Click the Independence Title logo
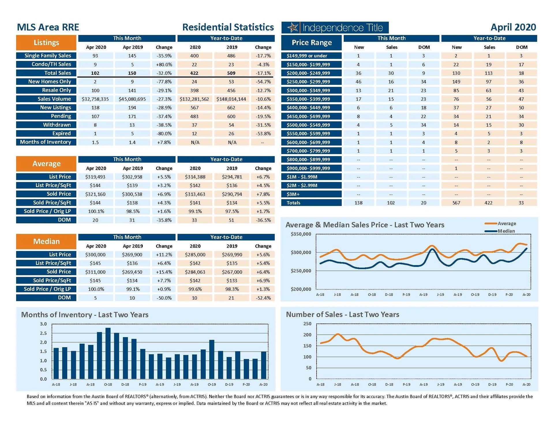point(335,28)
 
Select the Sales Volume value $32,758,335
point(95,99)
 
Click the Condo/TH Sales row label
point(46,64)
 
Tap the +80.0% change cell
point(164,65)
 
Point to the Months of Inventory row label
point(46,142)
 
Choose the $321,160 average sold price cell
point(95,194)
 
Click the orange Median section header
point(46,241)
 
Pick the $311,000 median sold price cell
point(95,272)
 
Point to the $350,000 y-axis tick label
point(301,234)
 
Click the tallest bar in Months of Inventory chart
point(108,353)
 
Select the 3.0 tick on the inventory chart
point(43,324)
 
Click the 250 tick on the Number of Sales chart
point(307,324)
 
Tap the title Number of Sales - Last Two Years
point(342,314)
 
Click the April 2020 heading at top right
point(513,27)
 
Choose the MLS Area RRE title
point(48,27)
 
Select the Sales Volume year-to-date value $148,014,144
point(231,99)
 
